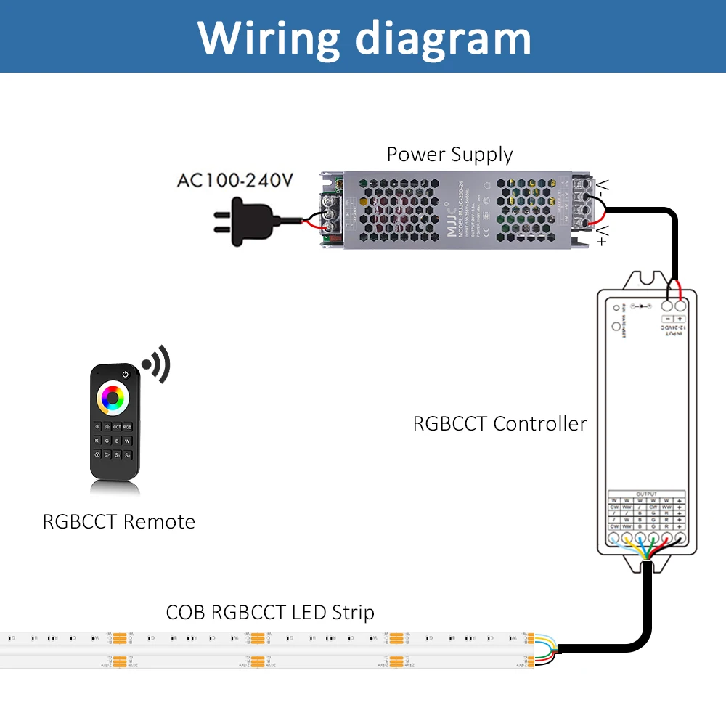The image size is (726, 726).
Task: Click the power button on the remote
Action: coord(126,375)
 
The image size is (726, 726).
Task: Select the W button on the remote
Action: coord(127,440)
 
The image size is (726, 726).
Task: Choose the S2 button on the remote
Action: coord(127,455)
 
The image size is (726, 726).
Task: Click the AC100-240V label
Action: coord(235,180)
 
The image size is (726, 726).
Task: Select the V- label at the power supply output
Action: coord(602,189)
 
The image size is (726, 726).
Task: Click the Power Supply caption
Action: coord(449,155)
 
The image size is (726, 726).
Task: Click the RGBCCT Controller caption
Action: coord(499,423)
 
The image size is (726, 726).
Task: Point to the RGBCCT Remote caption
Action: coord(119,521)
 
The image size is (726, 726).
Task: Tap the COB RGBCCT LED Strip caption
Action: coord(270,612)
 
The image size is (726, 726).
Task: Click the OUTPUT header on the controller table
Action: coord(646,494)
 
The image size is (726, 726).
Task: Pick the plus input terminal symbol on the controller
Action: coord(680,319)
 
